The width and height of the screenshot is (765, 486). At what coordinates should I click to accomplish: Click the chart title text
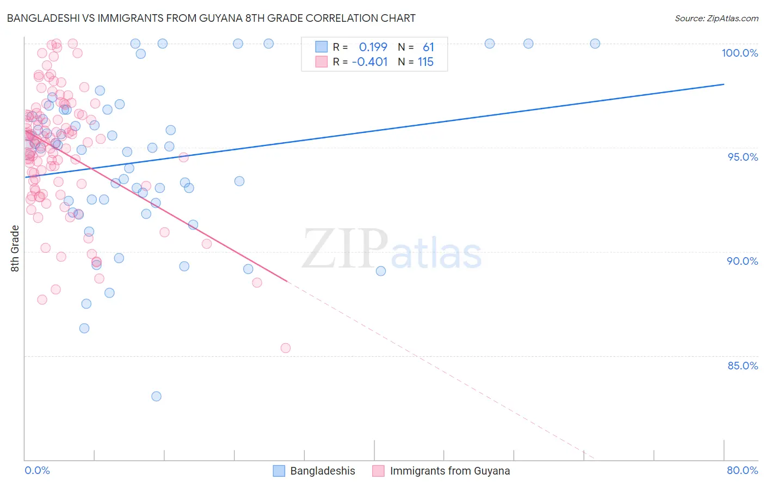[211, 18]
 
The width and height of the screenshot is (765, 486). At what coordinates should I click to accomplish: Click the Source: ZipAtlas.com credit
[716, 18]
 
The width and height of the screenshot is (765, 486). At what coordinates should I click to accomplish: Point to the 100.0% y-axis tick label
[739, 53]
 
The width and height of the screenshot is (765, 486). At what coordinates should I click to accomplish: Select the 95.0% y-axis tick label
[743, 157]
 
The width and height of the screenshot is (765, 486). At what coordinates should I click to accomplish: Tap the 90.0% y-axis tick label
[742, 261]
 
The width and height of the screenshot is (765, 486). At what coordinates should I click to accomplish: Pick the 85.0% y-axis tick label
[743, 366]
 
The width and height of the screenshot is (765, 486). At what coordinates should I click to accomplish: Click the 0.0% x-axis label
[37, 470]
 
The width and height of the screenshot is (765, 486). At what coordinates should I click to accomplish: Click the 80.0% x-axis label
[742, 470]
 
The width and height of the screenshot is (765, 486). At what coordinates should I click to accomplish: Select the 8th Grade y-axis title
[15, 248]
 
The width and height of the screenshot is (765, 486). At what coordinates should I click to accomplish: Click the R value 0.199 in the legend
[373, 47]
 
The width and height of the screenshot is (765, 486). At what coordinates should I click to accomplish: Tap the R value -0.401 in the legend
[369, 62]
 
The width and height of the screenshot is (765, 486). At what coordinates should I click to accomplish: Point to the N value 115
[425, 62]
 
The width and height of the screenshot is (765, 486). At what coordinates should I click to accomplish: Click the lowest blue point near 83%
[156, 396]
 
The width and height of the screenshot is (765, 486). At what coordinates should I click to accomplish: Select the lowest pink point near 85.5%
[285, 348]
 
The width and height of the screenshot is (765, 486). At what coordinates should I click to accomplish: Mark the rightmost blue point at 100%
[595, 44]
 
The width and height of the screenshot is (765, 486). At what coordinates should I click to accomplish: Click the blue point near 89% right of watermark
[381, 271]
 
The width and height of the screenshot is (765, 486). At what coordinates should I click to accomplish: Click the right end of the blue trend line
[724, 84]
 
